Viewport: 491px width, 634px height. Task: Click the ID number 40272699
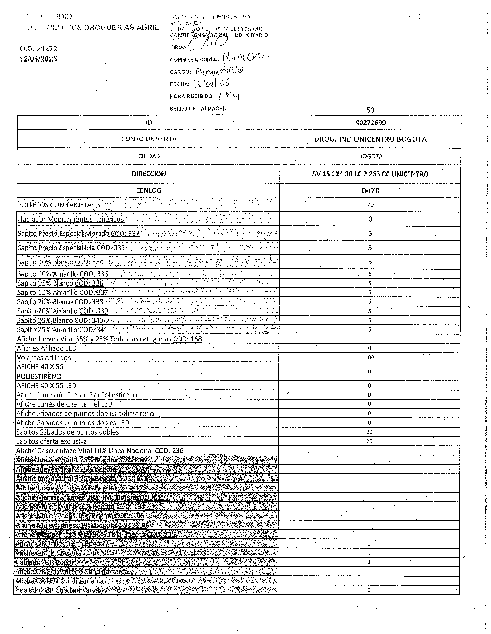click(x=370, y=123)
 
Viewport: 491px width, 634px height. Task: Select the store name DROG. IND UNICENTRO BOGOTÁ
click(x=370, y=139)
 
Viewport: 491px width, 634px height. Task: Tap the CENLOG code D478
click(x=370, y=190)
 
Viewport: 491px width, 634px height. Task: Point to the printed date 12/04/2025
click(x=38, y=59)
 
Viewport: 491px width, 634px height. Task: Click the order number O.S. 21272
click(x=38, y=48)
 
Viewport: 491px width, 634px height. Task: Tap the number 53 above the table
click(x=370, y=110)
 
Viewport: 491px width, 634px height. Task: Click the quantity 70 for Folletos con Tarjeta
click(x=370, y=205)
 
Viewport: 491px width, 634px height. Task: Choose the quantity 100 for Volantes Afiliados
click(x=369, y=357)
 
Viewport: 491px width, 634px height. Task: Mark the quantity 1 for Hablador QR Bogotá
click(x=369, y=562)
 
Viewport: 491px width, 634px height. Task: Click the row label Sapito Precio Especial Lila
click(x=71, y=248)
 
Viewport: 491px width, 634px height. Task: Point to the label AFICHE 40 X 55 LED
click(x=46, y=385)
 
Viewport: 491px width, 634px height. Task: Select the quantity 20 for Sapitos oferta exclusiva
click(x=369, y=441)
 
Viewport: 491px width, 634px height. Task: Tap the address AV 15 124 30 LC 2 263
click(x=370, y=174)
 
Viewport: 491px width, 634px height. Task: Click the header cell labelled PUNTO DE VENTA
click(x=149, y=139)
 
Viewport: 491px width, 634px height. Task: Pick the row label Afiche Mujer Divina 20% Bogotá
click(x=81, y=506)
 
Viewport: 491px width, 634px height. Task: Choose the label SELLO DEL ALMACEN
click(x=198, y=109)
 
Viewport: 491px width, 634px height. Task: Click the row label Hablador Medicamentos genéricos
click(x=71, y=219)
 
